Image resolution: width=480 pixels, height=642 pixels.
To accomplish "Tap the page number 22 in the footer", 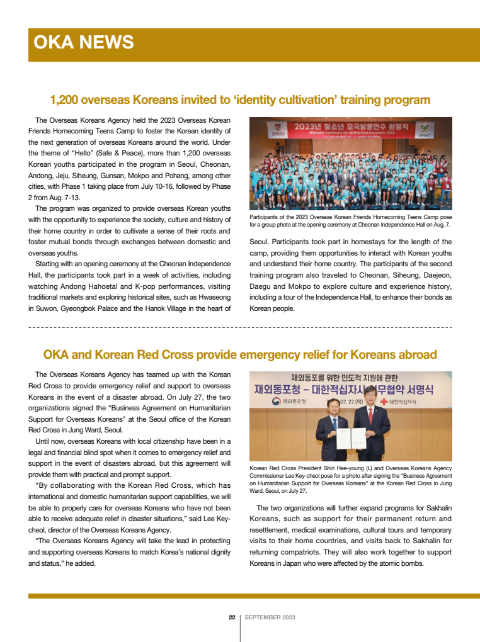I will click(232, 617).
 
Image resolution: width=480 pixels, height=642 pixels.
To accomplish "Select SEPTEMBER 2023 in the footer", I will click(270, 617).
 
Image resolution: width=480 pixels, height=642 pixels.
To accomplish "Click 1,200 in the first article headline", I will click(65, 100).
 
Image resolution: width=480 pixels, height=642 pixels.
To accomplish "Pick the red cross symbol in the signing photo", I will click(383, 402).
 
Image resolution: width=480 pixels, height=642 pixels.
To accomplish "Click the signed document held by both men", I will click(350, 438).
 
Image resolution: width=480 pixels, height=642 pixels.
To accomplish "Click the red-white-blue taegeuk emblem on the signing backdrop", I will click(275, 402).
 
